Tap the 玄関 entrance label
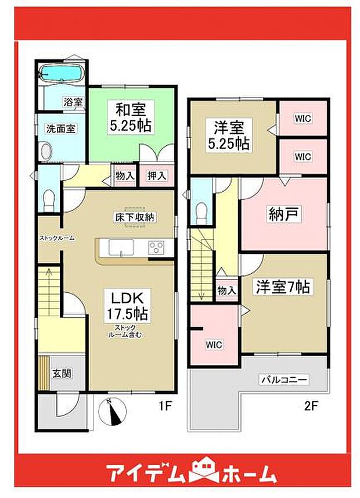[63, 374]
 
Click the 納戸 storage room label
[283, 214]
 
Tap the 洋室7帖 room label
[282, 286]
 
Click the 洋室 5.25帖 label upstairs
[228, 134]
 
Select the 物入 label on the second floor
[226, 290]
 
